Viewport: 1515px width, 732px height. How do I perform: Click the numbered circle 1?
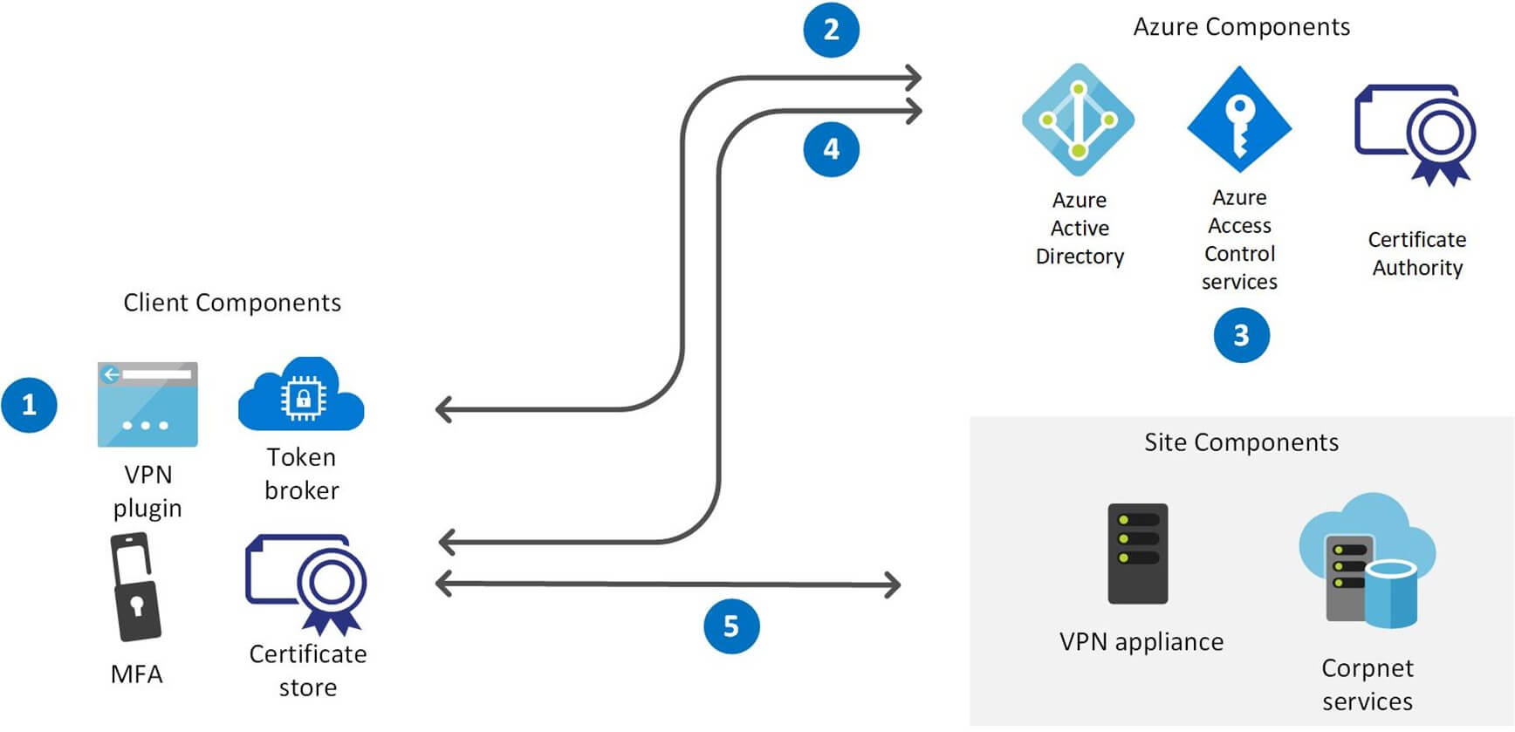29,405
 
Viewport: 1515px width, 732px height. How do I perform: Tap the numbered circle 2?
831,30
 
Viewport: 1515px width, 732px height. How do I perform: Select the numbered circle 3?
1241,335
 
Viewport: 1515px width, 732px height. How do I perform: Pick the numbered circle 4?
831,149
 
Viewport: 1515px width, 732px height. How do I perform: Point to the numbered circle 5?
731,626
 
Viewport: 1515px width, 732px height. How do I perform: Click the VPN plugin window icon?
147,405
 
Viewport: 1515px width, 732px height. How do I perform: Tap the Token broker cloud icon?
301,395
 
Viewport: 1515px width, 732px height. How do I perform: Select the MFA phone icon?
136,587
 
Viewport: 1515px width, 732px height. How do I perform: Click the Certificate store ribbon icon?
307,583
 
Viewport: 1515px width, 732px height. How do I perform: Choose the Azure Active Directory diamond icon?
1079,120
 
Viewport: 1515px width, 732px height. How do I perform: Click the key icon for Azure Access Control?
1239,119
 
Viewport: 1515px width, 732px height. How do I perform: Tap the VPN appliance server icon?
1137,553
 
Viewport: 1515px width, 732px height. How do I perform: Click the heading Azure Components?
1241,27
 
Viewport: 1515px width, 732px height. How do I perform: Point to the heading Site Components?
1241,442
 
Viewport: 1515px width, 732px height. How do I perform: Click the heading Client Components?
232,303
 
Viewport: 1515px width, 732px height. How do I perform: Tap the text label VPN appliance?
1141,642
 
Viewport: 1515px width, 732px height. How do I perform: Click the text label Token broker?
301,474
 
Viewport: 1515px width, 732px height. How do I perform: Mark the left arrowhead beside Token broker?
443,408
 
